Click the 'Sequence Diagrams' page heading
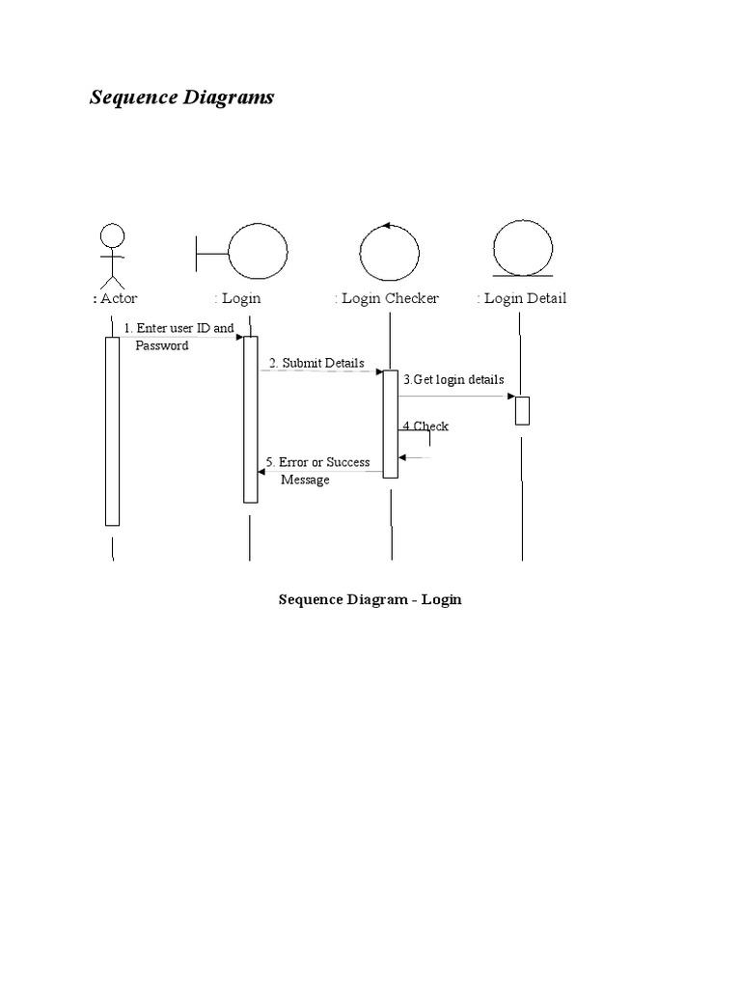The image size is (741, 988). (x=181, y=97)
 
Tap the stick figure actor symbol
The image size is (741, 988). (x=113, y=253)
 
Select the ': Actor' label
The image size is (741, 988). (x=115, y=298)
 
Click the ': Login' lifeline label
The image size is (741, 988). (x=237, y=298)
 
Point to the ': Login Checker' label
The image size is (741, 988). (x=387, y=298)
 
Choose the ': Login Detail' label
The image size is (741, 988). (x=522, y=298)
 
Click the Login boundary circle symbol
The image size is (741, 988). (x=257, y=253)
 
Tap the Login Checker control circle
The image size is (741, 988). (x=390, y=254)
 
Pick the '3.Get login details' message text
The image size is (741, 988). (x=453, y=379)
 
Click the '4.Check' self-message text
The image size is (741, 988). (x=425, y=425)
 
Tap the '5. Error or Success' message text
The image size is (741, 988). (x=317, y=462)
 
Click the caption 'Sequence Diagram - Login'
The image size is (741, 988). (x=370, y=599)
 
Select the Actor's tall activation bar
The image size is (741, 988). (x=112, y=430)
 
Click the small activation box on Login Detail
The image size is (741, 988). (x=522, y=410)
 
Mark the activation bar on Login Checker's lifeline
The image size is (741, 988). (x=390, y=423)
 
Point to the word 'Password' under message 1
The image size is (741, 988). (x=162, y=345)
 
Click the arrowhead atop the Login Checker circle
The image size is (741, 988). (x=386, y=226)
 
